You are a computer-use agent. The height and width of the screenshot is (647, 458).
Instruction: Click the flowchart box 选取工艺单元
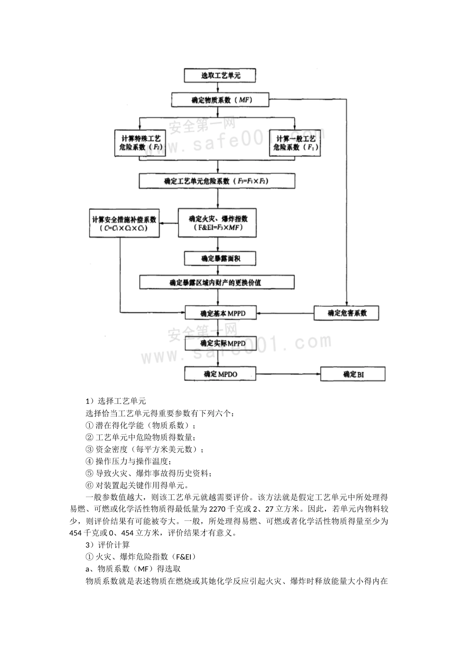(x=220, y=76)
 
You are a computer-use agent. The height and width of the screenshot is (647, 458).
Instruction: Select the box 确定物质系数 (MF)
(x=220, y=100)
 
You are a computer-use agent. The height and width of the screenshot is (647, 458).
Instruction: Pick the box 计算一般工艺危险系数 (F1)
(x=295, y=143)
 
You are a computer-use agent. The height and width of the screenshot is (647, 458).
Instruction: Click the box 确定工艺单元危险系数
(x=216, y=181)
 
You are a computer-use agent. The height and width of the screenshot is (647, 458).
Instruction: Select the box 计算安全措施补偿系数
(x=124, y=223)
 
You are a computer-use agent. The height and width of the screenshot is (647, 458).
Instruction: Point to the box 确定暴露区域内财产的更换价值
(x=216, y=282)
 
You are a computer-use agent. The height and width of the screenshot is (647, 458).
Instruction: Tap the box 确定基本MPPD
(x=220, y=313)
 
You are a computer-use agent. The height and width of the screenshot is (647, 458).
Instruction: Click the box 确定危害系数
(x=347, y=313)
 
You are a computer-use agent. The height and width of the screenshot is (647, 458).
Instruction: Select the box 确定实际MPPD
(x=220, y=343)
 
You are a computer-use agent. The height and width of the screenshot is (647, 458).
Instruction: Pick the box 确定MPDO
(x=220, y=374)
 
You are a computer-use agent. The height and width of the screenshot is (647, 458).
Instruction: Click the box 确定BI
(x=353, y=374)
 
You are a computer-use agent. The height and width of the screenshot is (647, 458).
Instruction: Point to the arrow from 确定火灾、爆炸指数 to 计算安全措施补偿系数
(x=169, y=223)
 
